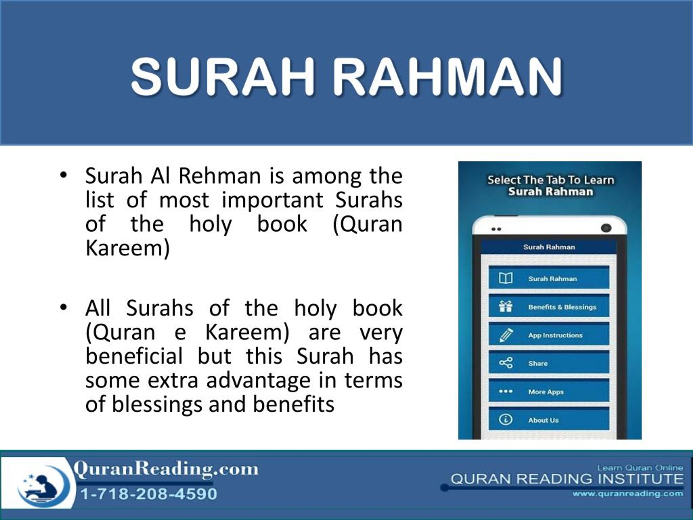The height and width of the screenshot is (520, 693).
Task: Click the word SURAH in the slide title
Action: pyautogui.click(x=223, y=77)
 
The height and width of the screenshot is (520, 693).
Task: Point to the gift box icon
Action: pyautogui.click(x=506, y=307)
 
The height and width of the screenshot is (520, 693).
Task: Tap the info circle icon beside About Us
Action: pyautogui.click(x=506, y=419)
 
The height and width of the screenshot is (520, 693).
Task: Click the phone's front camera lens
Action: pyautogui.click(x=606, y=228)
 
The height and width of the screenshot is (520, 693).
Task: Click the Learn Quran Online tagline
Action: pyautogui.click(x=640, y=468)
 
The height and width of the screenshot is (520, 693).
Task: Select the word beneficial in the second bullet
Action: pyautogui.click(x=134, y=356)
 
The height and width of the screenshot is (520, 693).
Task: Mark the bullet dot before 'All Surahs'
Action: pyautogui.click(x=64, y=307)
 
